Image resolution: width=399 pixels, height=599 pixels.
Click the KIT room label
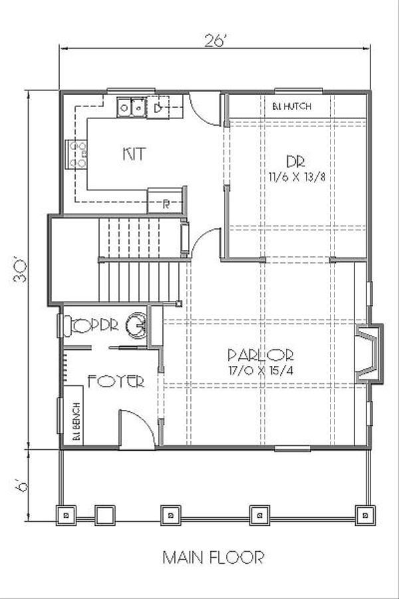click(134, 154)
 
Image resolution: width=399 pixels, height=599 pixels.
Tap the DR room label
click(295, 161)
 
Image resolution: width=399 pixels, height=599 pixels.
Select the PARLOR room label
click(260, 355)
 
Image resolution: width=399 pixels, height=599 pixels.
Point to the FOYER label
click(116, 382)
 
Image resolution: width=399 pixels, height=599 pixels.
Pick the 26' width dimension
click(215, 40)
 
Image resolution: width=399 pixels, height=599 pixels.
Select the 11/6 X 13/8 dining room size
click(295, 176)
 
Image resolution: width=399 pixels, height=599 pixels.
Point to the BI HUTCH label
click(291, 106)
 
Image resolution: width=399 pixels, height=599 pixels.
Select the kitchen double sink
click(132, 106)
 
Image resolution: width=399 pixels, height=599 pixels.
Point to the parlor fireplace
click(369, 354)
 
